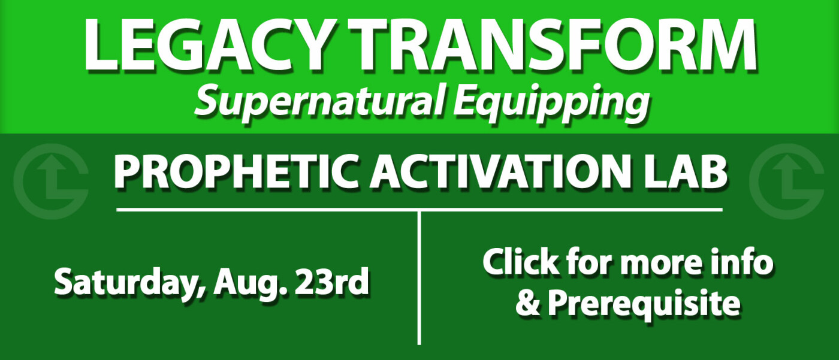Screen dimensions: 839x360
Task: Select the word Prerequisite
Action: pyautogui.click(x=644, y=304)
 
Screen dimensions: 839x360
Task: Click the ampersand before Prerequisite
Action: pyautogui.click(x=528, y=303)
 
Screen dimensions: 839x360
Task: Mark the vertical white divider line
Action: pyautogui.click(x=419, y=278)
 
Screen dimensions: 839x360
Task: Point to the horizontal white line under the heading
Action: pyautogui.click(x=419, y=210)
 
